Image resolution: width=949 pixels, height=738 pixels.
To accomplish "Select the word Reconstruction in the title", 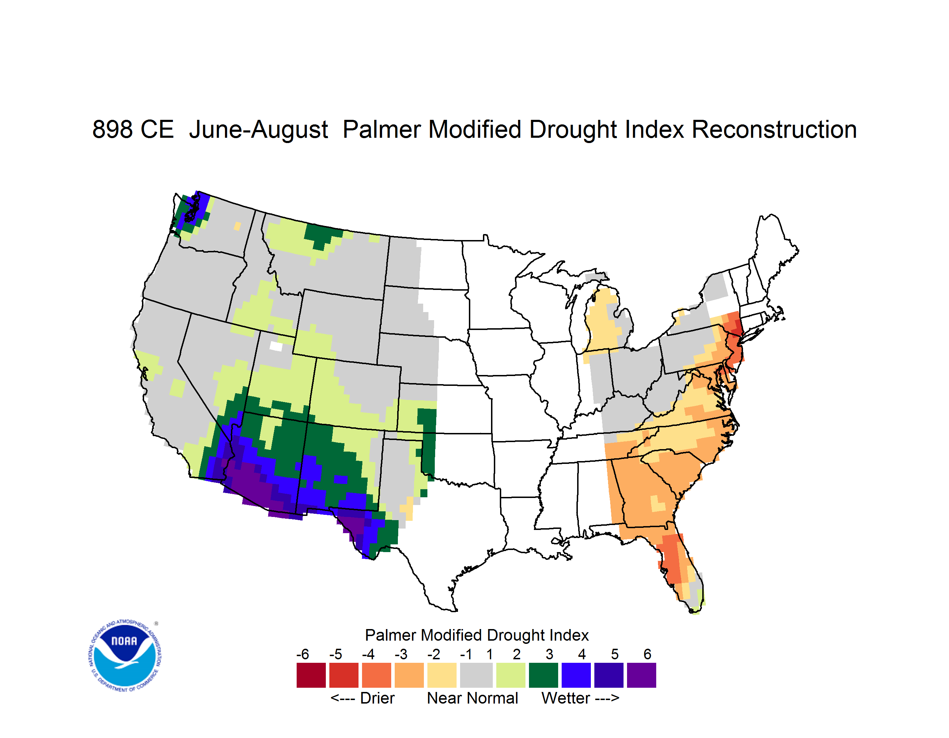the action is [774, 129].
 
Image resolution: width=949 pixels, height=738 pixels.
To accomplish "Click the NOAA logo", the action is [125, 655].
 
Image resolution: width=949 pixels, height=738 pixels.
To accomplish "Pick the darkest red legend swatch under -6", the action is [311, 675].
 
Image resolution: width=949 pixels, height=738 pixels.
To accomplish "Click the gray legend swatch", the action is [476, 675].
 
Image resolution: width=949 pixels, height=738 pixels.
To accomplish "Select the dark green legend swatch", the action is [543, 675].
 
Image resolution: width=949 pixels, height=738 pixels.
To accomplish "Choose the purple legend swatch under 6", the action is [641, 675].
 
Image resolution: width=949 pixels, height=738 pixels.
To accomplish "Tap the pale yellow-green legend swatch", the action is [511, 675].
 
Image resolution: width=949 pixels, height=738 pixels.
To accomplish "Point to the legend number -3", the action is [401, 654].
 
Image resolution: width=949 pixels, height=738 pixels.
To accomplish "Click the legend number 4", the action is [582, 654].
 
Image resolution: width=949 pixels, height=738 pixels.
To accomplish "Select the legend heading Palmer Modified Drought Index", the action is [477, 635].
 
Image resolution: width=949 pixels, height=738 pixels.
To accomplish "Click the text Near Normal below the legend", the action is [472, 698].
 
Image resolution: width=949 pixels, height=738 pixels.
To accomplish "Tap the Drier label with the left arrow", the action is [362, 698].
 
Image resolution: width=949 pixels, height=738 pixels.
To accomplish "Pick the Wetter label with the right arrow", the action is [580, 698].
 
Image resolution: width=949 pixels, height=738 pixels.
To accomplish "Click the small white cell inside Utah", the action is [276, 346].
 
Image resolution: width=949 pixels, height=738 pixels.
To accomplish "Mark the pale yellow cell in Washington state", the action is [237, 226].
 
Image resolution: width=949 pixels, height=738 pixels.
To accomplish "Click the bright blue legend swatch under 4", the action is [576, 675].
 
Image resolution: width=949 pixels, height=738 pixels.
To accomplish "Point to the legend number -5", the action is [335, 654].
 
